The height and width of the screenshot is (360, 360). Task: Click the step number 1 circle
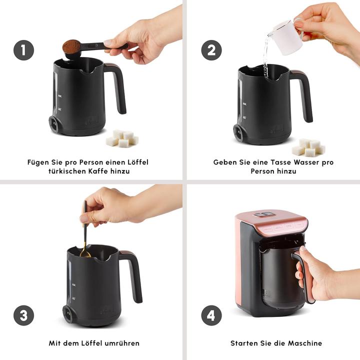(23, 50)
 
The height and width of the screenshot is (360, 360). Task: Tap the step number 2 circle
(211, 50)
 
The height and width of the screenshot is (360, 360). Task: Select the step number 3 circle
(23, 315)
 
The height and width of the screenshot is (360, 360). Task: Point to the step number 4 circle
(211, 315)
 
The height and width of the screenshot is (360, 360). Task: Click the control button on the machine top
(258, 214)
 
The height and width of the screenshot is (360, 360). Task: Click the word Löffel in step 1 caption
(136, 162)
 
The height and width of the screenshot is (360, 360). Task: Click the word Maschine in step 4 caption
(304, 343)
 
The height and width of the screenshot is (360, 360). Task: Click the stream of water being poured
(265, 57)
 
